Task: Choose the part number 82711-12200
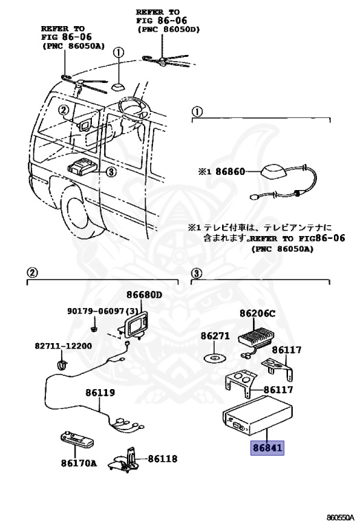[64, 345]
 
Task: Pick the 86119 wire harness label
[100, 393]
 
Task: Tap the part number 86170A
[75, 462]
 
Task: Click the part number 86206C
[258, 314]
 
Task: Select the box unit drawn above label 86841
[255, 419]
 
